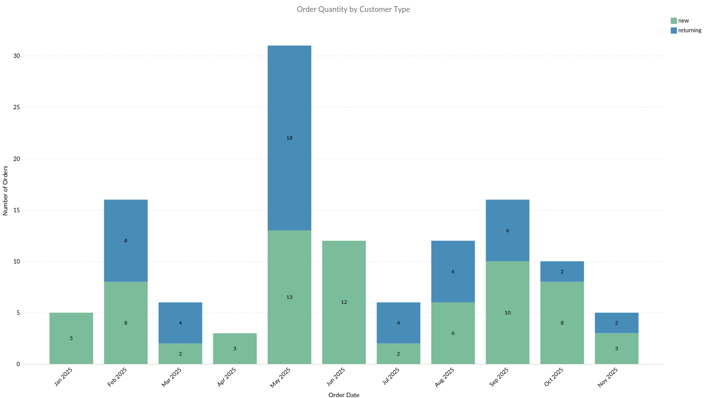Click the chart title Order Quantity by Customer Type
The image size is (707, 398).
click(353, 9)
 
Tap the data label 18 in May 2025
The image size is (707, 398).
click(289, 138)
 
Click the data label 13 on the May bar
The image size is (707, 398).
click(289, 297)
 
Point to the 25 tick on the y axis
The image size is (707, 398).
click(17, 107)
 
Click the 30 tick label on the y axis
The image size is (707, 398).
click(17, 56)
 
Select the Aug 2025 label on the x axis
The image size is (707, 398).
click(445, 377)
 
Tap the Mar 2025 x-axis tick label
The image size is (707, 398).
click(171, 377)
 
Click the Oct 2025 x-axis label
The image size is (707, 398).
click(554, 377)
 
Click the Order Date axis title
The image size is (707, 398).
click(344, 395)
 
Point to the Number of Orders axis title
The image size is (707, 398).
click(5, 191)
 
